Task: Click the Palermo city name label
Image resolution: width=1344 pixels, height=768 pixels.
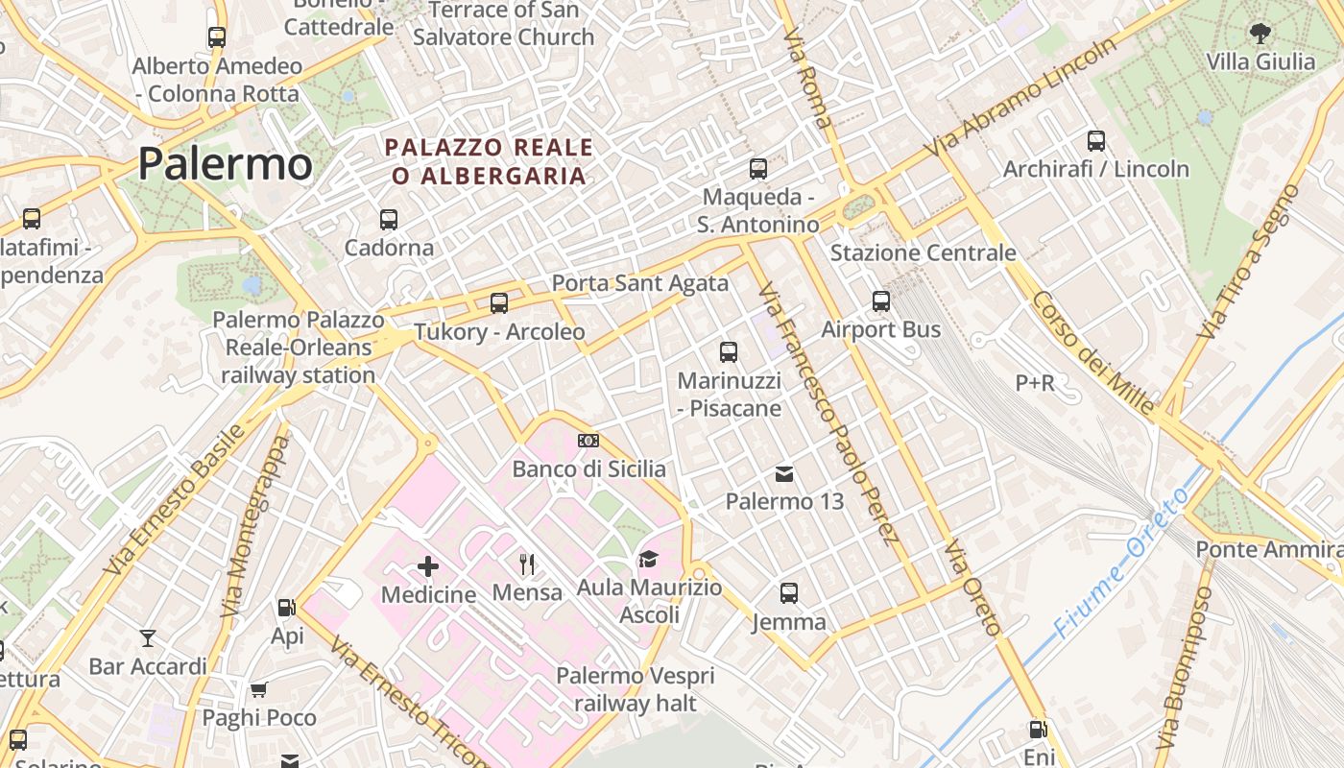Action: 225,164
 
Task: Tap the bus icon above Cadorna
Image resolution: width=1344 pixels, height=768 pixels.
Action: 389,220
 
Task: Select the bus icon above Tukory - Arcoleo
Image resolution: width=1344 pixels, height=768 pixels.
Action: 499,303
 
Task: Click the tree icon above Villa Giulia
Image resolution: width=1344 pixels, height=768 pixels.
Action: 1260,34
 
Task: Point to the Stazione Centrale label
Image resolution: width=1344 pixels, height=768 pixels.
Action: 923,252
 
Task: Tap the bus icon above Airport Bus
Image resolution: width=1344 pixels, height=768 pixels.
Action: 881,301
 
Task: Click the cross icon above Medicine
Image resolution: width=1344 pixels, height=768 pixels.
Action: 428,567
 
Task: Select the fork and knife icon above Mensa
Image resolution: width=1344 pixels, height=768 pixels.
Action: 526,564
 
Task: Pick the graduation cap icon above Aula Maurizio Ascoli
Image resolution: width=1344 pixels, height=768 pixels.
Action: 649,559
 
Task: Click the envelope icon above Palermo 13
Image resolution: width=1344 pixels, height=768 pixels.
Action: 784,473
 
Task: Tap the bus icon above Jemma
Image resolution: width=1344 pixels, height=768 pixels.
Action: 788,593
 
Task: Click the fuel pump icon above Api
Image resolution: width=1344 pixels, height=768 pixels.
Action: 286,608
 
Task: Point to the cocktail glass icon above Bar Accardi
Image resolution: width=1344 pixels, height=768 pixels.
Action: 148,638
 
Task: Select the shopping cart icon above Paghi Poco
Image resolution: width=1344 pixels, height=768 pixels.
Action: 258,689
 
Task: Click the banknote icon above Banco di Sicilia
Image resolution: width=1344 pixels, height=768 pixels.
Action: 588,441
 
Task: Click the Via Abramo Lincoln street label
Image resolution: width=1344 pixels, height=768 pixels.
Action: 1022,98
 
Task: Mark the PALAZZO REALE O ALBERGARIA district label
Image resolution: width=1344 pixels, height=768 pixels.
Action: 490,161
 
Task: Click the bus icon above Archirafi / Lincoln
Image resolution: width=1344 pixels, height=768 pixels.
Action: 1096,141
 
